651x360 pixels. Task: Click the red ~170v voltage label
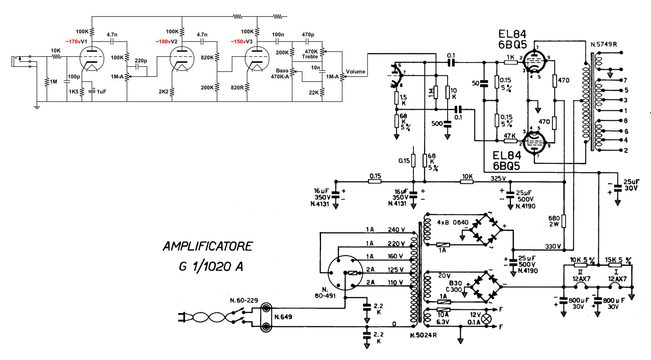[73, 42]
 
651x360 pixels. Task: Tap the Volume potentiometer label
[355, 72]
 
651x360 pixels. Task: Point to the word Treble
[310, 57]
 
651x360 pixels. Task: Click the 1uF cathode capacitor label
[101, 91]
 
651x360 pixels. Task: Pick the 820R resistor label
[237, 88]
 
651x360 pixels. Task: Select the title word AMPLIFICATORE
[208, 247]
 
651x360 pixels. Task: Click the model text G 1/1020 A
[211, 267]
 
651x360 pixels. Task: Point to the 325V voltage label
[498, 178]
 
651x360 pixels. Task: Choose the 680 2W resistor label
[554, 221]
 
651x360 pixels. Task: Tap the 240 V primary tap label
[396, 230]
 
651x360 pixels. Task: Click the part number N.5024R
[423, 335]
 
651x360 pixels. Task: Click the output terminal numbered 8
[626, 121]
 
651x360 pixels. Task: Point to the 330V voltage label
[553, 247]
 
